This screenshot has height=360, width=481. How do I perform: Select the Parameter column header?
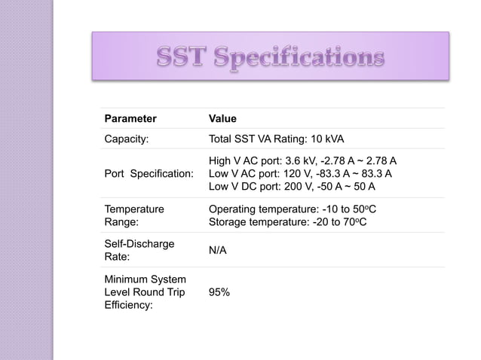[x=130, y=119]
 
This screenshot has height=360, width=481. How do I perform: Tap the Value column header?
[x=222, y=119]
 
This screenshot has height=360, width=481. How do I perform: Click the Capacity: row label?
[x=127, y=139]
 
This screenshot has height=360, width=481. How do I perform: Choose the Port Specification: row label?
[x=149, y=174]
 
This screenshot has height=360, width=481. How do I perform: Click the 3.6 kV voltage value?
[x=296, y=162]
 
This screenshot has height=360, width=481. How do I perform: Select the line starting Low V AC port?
[x=299, y=174]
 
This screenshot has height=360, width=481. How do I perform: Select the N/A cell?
[x=217, y=249]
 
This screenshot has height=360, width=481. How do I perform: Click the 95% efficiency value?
[x=219, y=292]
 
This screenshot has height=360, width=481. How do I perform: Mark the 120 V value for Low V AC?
[x=292, y=174]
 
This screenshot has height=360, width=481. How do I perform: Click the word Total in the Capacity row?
[x=222, y=139]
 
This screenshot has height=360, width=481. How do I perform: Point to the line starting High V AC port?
[x=302, y=162]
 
